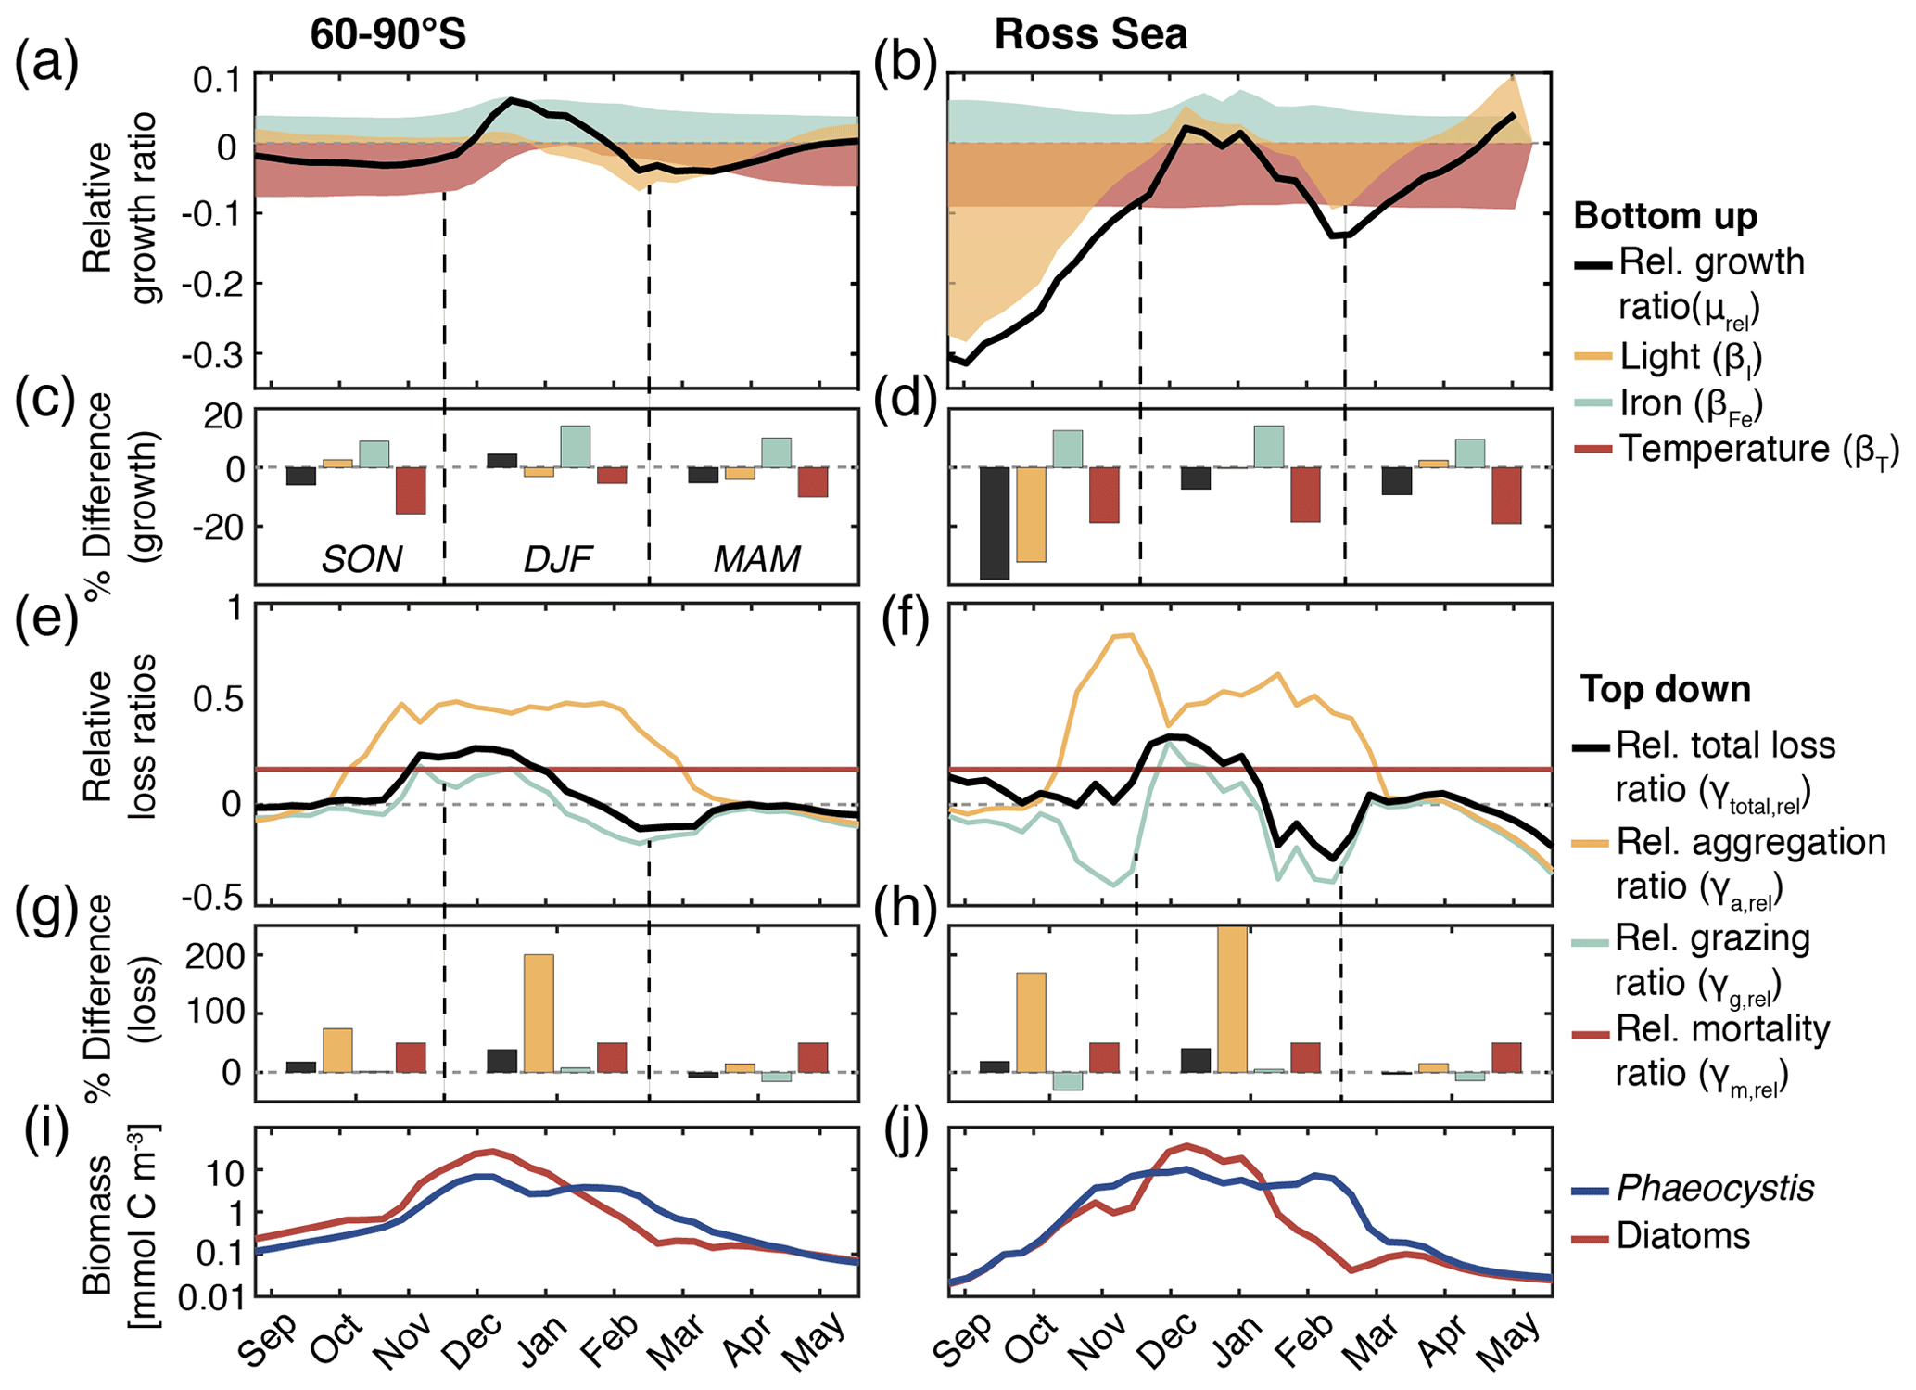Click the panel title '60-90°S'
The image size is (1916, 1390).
(x=387, y=35)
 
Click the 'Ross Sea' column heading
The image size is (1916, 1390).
(x=1090, y=35)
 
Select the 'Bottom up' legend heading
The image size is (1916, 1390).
(x=1665, y=216)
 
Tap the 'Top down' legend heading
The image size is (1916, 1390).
(x=1665, y=689)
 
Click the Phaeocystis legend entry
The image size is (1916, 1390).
(x=1715, y=1188)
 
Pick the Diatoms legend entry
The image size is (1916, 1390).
(x=1682, y=1236)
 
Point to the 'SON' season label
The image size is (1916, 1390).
(x=362, y=559)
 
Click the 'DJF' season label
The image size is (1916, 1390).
(x=557, y=559)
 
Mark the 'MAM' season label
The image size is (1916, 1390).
(x=756, y=559)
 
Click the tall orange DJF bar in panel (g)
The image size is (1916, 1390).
(x=539, y=1013)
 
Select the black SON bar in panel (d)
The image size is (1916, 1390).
(x=995, y=523)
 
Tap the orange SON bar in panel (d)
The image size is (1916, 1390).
(x=1031, y=515)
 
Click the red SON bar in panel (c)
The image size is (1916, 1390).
(x=411, y=491)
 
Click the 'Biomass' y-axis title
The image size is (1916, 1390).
(x=97, y=1224)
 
